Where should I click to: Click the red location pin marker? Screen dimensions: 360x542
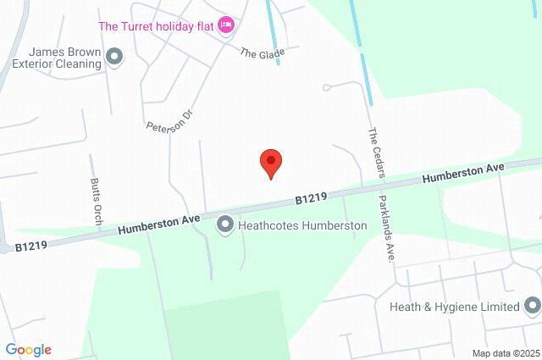pyautogui.click(x=270, y=162)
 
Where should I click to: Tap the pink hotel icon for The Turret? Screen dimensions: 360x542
pyautogui.click(x=225, y=25)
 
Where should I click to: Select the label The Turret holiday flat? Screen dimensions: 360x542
pyautogui.click(x=157, y=25)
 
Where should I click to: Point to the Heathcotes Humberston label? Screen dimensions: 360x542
pyautogui.click(x=302, y=225)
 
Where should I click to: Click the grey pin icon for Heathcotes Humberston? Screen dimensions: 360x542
pyautogui.click(x=225, y=225)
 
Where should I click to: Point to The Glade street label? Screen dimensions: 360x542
pyautogui.click(x=262, y=53)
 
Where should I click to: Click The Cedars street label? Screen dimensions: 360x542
pyautogui.click(x=377, y=152)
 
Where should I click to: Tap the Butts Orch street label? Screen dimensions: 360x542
pyautogui.click(x=95, y=198)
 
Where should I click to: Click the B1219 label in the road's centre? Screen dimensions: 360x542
pyautogui.click(x=311, y=198)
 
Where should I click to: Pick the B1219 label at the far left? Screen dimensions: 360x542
pyautogui.click(x=30, y=246)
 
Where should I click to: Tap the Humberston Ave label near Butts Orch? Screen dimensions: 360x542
pyautogui.click(x=159, y=224)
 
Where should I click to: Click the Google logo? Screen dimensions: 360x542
pyautogui.click(x=28, y=349)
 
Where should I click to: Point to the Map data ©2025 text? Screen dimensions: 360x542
pyautogui.click(x=505, y=352)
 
